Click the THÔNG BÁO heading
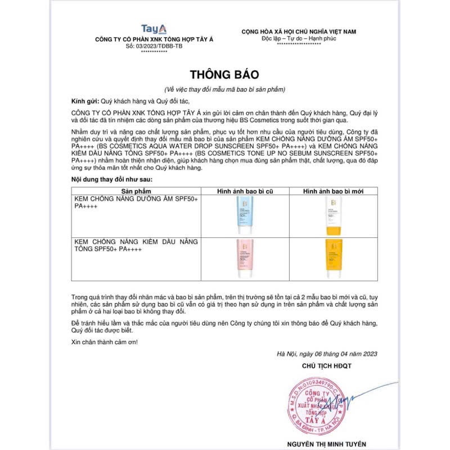pyautogui.click(x=225, y=74)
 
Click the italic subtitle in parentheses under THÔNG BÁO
pyautogui.click(x=225, y=89)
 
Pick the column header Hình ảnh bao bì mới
pyautogui.click(x=333, y=192)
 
